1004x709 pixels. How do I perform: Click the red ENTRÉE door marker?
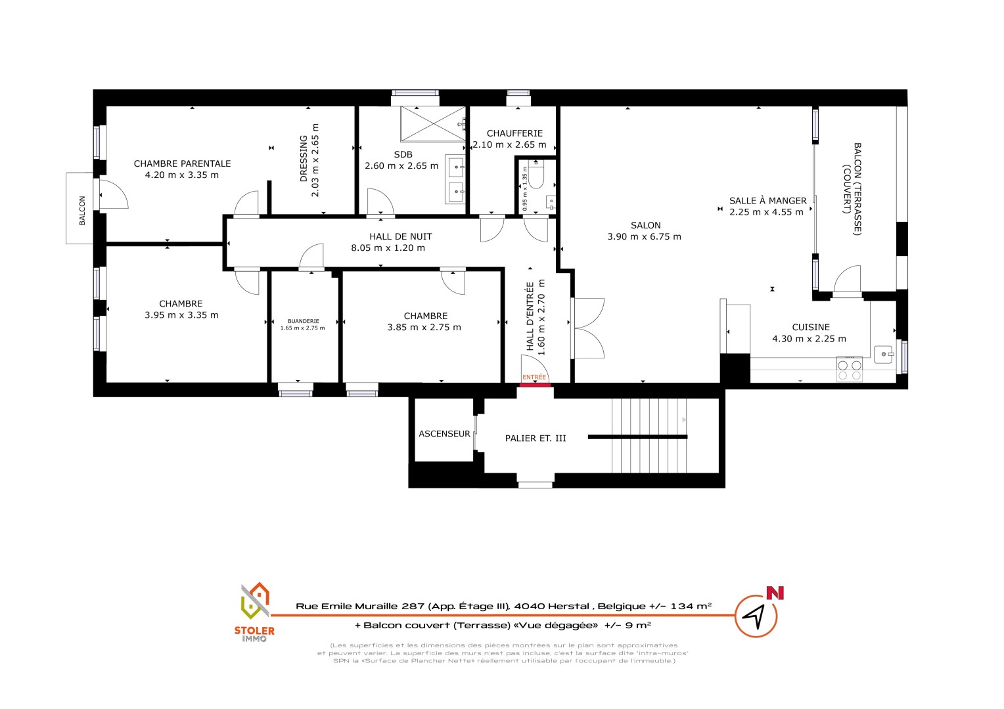(x=535, y=385)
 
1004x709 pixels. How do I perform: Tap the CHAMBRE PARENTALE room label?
(x=182, y=163)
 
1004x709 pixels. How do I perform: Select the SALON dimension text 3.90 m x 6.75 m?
(x=644, y=236)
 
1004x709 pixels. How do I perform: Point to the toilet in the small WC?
(x=536, y=175)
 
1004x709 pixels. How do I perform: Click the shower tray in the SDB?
(x=433, y=123)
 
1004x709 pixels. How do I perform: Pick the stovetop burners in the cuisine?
(x=850, y=370)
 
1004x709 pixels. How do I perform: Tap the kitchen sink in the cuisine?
(x=884, y=354)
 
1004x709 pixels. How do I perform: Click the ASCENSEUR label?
(x=444, y=433)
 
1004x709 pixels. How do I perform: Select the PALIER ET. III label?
(x=535, y=438)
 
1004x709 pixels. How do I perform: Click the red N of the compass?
(x=775, y=593)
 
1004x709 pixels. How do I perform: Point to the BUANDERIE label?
(x=304, y=321)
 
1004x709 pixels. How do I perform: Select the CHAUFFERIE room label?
(x=514, y=133)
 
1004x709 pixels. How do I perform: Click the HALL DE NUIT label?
(x=400, y=236)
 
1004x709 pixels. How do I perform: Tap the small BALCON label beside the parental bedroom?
(x=82, y=211)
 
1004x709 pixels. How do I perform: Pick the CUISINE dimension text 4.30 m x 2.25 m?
(x=809, y=339)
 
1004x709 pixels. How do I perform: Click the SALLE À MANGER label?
(x=768, y=201)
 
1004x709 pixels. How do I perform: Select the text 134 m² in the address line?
(x=691, y=607)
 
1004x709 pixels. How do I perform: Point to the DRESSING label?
(x=304, y=159)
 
